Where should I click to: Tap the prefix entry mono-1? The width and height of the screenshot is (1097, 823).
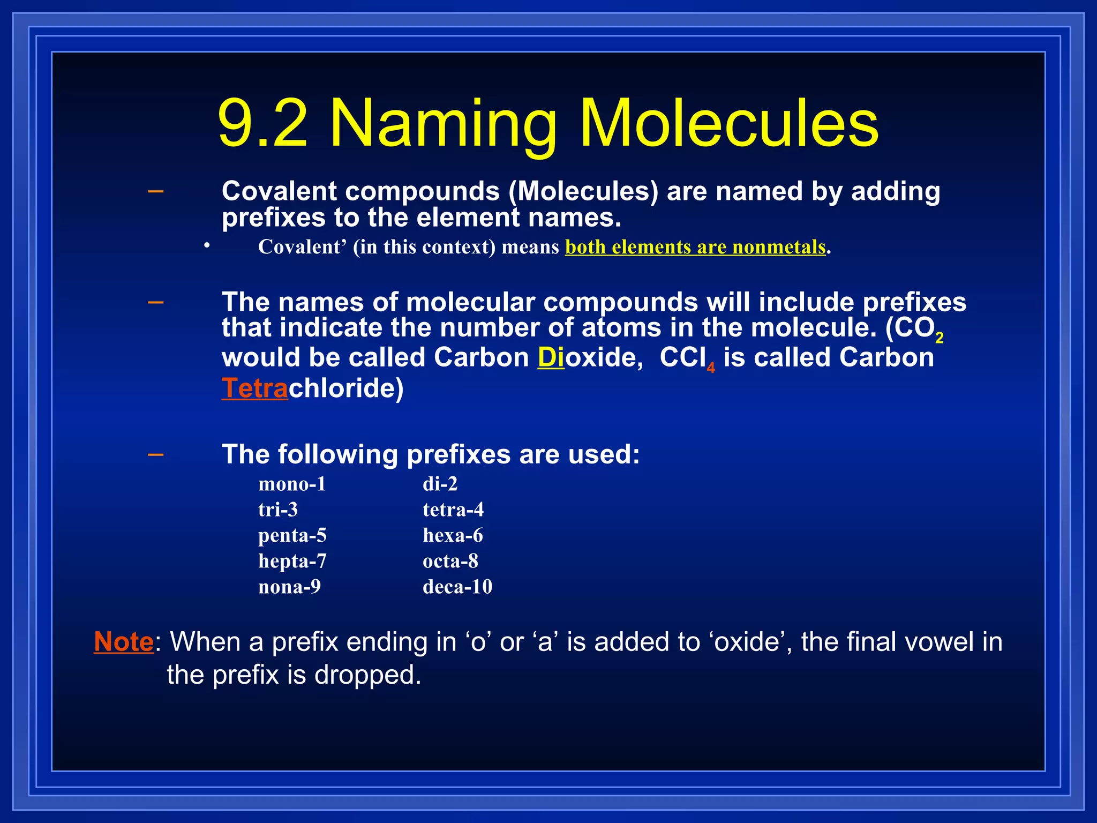click(292, 484)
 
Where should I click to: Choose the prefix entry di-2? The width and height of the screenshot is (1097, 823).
click(440, 484)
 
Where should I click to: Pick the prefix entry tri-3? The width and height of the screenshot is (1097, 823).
click(277, 510)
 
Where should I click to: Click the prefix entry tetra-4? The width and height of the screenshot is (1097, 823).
click(453, 510)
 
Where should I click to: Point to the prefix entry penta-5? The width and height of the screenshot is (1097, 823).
click(292, 535)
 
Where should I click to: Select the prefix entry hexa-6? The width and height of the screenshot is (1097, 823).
click(453, 535)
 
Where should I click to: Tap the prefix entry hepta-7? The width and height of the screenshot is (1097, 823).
click(292, 561)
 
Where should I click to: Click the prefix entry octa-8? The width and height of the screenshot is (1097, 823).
click(450, 561)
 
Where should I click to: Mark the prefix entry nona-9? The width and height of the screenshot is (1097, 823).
click(289, 587)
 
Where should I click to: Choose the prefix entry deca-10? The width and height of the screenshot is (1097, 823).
click(457, 587)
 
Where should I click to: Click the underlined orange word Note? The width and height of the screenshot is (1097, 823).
click(124, 642)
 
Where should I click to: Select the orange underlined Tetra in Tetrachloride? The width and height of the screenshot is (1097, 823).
click(254, 388)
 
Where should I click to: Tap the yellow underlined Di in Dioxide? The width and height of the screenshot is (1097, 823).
click(551, 357)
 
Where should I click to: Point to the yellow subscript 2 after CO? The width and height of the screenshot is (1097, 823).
click(939, 338)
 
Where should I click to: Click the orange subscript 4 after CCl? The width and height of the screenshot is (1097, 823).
click(711, 368)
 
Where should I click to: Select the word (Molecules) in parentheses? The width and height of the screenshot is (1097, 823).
click(583, 191)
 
